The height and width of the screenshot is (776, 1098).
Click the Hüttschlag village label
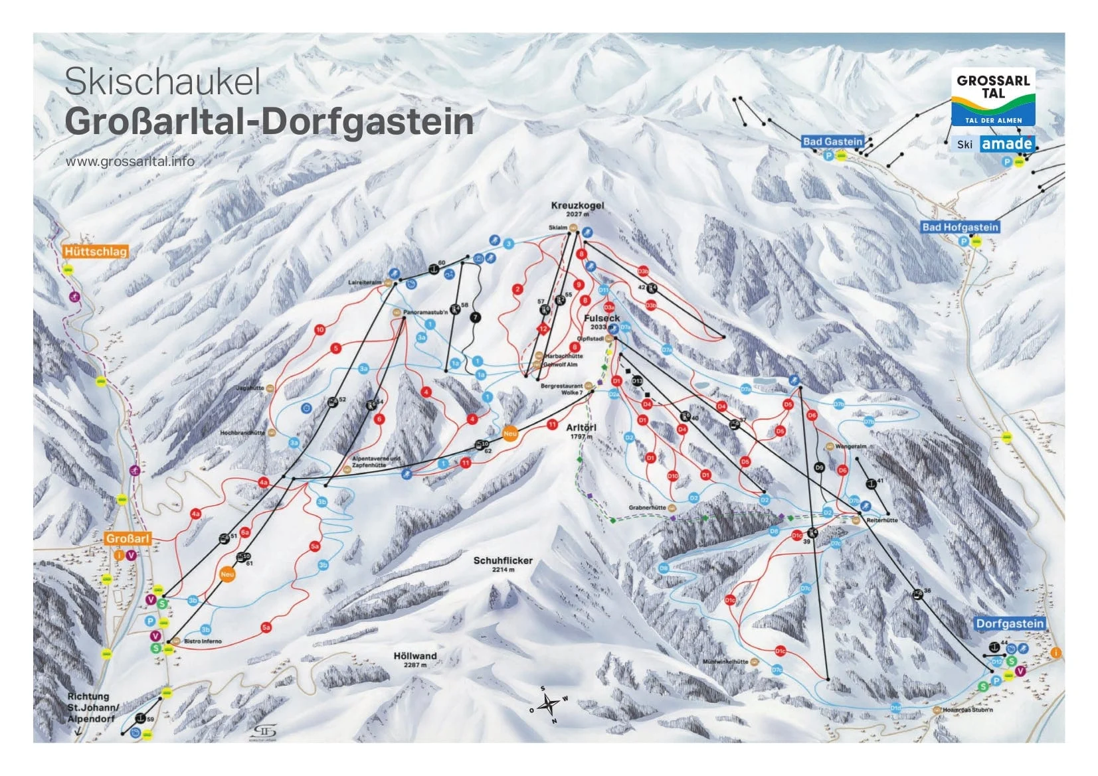coord(96,252)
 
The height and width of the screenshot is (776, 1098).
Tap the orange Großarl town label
coord(128,538)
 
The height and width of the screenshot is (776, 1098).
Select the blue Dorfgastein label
coord(1010,623)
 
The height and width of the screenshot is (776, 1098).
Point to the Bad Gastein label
coord(832,141)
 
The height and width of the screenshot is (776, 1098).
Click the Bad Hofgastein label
coord(960,227)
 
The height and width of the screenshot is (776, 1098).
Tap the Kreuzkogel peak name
coord(577,206)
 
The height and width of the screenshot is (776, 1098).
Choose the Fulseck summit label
coord(601,319)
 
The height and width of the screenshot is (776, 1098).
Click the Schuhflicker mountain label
coord(503,561)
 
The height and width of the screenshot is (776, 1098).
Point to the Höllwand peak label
coord(415,656)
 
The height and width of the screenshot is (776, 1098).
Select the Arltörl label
coord(581,428)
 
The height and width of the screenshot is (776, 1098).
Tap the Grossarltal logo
coord(993,98)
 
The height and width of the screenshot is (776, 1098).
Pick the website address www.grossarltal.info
coord(130,161)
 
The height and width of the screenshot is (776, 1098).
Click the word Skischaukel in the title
coord(162,82)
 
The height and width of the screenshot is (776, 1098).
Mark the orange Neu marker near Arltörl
coord(509,433)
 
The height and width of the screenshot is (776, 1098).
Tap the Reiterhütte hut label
coord(882,520)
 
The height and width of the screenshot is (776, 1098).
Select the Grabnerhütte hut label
coord(647,508)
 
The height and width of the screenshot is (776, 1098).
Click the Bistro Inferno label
coord(203,641)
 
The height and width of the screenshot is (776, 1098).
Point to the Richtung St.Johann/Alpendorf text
coord(93,708)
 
